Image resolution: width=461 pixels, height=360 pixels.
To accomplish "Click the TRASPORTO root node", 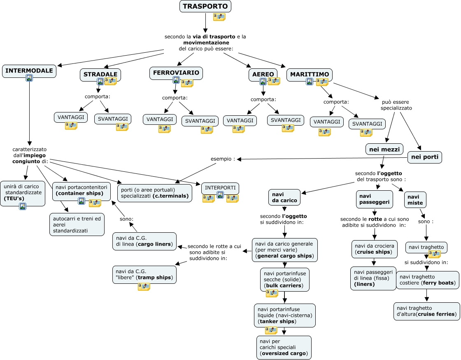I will click(x=205, y=6).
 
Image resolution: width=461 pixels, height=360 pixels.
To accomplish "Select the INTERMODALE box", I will click(x=29, y=71).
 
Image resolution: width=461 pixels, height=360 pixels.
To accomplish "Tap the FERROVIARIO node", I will click(x=176, y=73).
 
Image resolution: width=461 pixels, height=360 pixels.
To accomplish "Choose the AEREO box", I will click(x=263, y=75).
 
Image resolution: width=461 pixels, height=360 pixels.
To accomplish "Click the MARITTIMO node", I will click(x=309, y=74).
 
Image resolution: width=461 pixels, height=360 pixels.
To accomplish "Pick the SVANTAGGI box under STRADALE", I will click(x=113, y=119).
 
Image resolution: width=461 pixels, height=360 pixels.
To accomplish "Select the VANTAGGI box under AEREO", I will click(x=240, y=120).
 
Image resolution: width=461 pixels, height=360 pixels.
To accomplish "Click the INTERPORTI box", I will click(x=220, y=188).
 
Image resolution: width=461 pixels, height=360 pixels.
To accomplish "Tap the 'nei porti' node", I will click(x=424, y=157).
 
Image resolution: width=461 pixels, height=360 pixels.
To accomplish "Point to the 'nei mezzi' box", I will click(x=384, y=149).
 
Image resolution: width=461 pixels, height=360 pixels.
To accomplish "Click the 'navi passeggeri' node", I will click(x=374, y=199).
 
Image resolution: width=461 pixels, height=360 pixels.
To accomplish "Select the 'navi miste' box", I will click(x=415, y=200).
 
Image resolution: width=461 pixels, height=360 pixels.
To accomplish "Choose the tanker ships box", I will click(x=285, y=315).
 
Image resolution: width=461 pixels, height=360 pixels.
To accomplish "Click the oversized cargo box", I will click(x=284, y=347).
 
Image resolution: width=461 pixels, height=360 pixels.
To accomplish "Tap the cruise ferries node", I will click(x=426, y=311).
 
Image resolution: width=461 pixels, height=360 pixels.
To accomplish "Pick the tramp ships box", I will click(x=144, y=274).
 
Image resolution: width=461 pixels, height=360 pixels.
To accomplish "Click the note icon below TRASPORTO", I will click(x=219, y=17).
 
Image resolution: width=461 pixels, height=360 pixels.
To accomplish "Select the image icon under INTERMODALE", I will click(x=29, y=78).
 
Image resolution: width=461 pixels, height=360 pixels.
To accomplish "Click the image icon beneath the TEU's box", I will click(x=22, y=206).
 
